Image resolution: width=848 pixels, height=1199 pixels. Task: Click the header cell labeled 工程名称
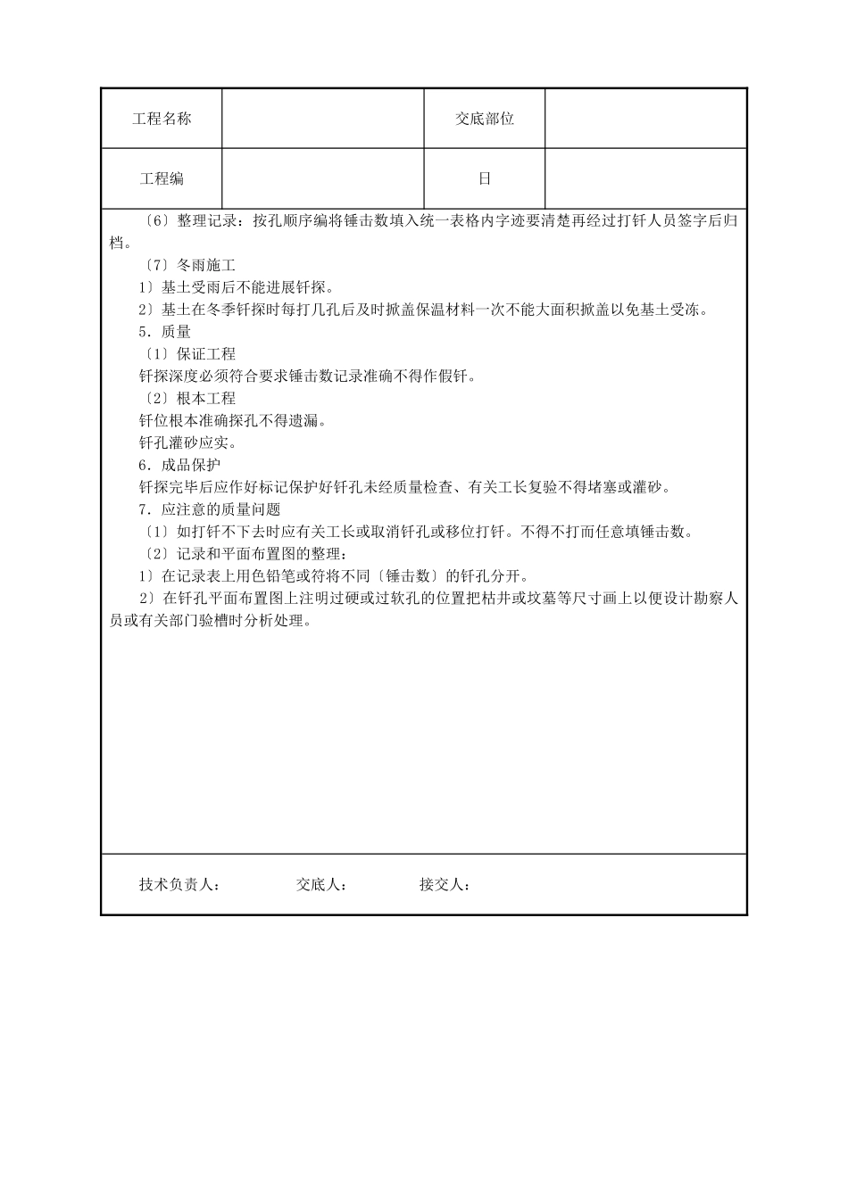(x=162, y=119)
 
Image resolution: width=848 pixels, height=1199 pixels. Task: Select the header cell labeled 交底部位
(x=485, y=119)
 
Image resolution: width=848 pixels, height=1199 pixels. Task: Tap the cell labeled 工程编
(x=162, y=178)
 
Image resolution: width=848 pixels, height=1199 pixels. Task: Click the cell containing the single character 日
(x=485, y=178)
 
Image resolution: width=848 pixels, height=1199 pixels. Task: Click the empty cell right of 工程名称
(x=322, y=119)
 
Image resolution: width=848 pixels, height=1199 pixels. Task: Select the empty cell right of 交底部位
(x=645, y=119)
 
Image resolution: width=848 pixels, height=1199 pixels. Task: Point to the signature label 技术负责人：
(x=179, y=885)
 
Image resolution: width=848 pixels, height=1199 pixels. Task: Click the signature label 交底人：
(x=321, y=885)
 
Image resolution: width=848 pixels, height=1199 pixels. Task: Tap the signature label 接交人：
(x=445, y=885)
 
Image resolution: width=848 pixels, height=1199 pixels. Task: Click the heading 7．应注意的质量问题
(x=209, y=509)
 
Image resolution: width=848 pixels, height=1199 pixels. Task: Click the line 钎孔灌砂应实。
(x=187, y=442)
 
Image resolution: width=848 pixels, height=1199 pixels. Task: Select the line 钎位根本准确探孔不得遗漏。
(x=232, y=421)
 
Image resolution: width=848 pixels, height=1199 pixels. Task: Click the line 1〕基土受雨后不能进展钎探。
(x=236, y=287)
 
